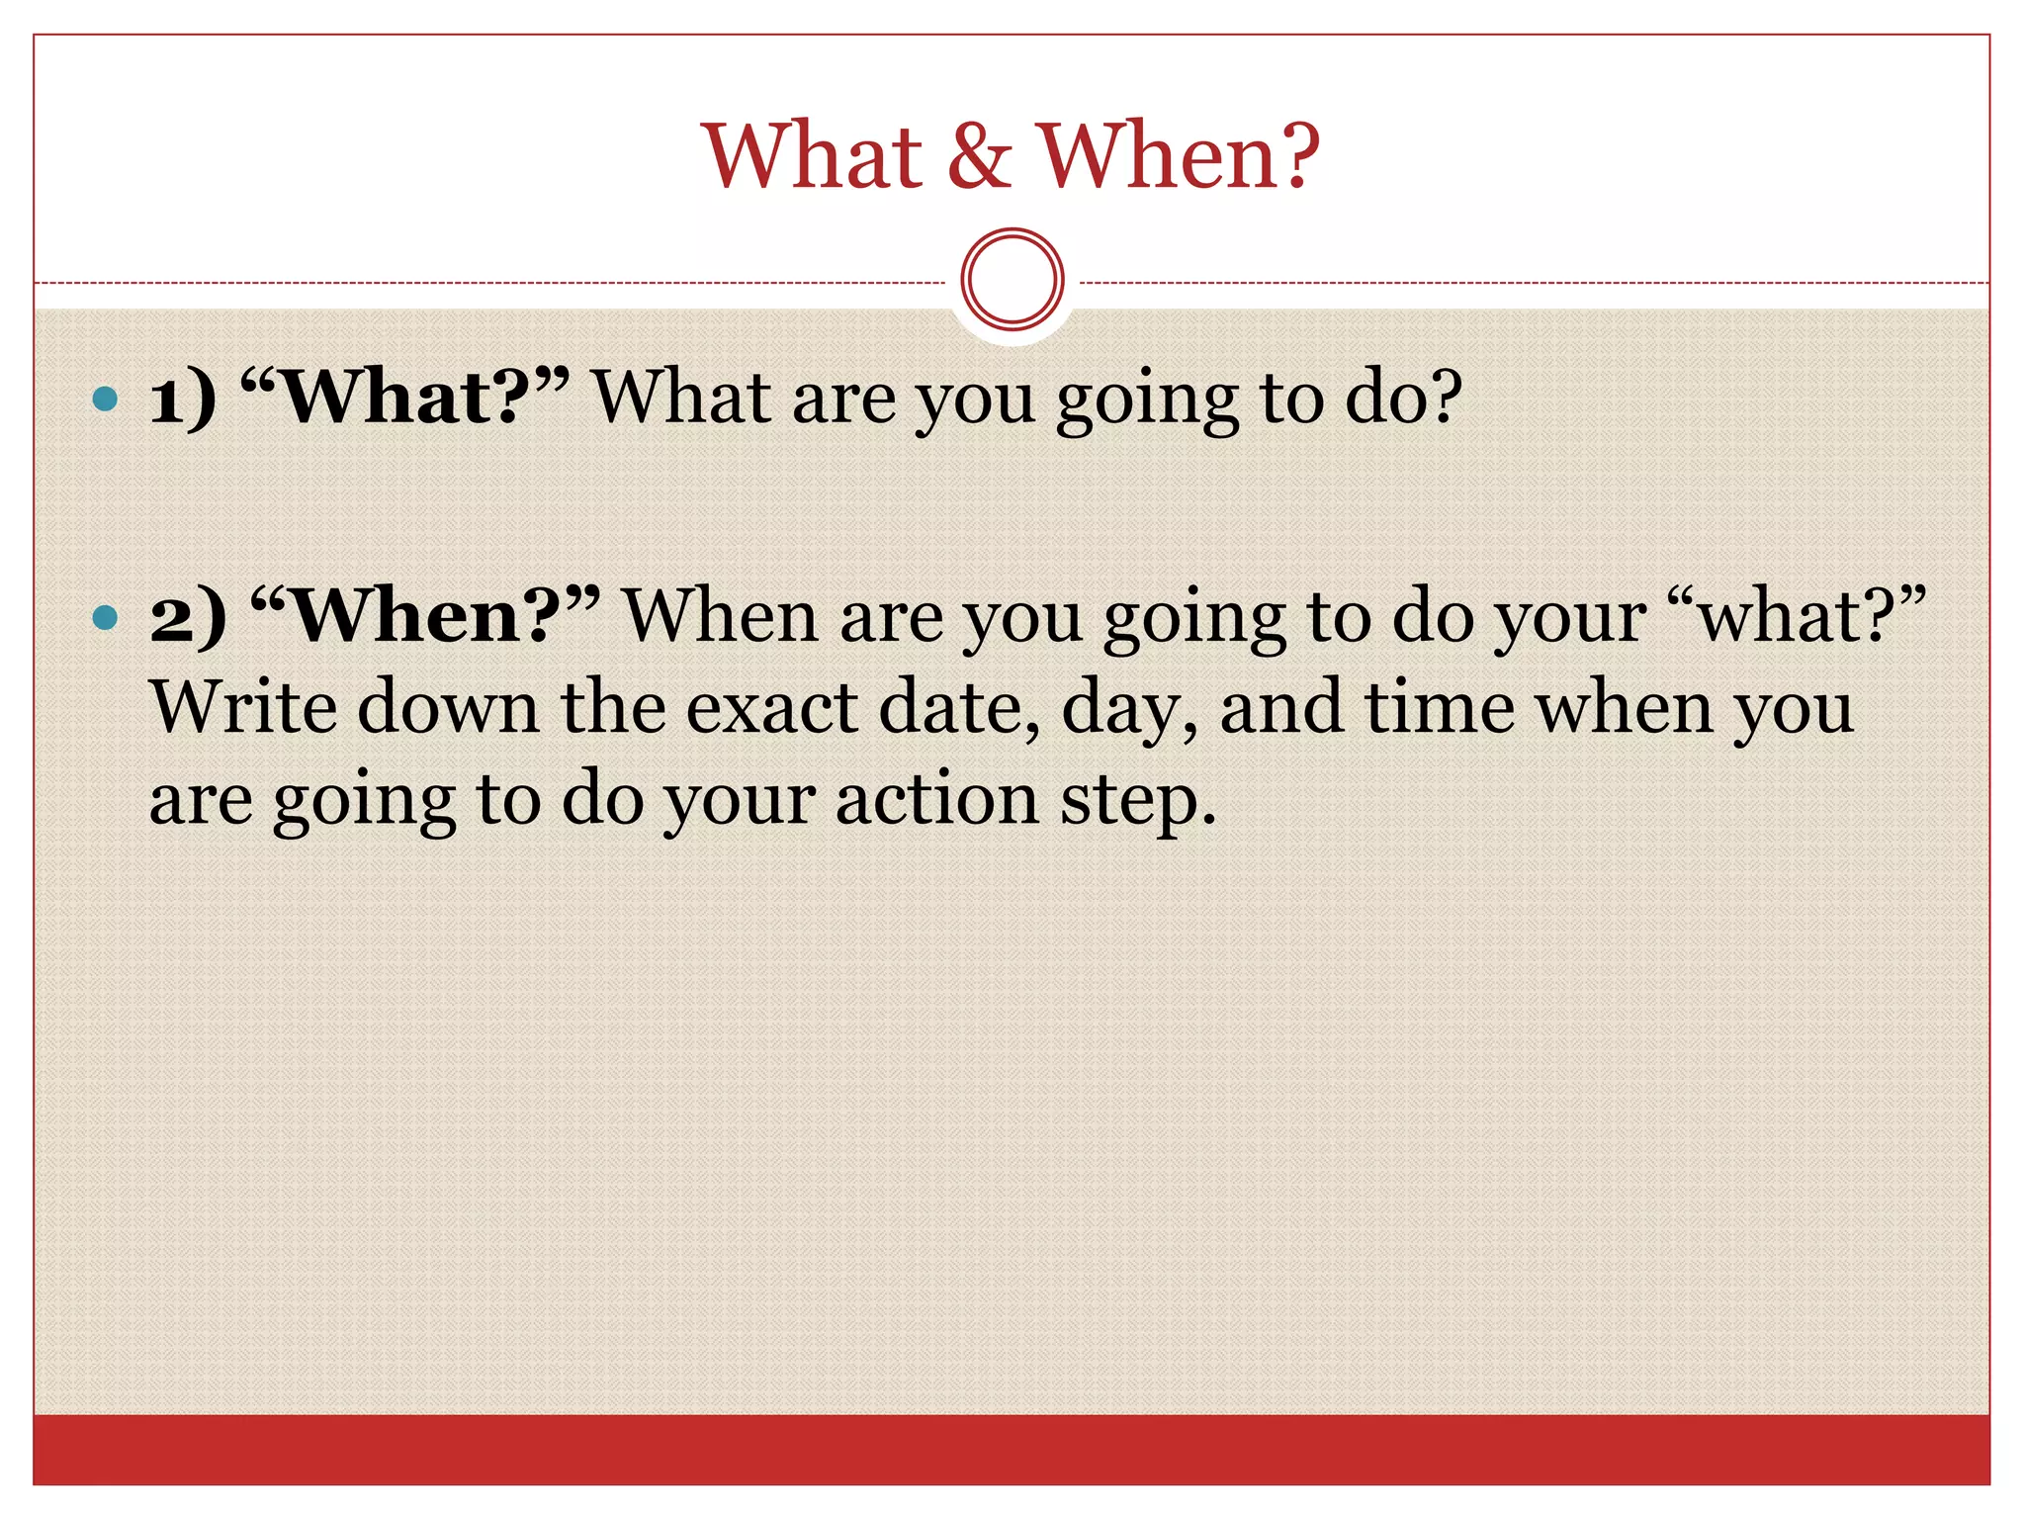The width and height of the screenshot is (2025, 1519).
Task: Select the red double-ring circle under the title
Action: (1012, 280)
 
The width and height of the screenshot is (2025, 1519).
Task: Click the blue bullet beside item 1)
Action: (104, 400)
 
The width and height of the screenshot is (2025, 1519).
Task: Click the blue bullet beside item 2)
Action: (104, 619)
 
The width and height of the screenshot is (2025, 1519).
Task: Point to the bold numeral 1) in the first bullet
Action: (182, 399)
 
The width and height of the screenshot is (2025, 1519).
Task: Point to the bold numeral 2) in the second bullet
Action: (188, 618)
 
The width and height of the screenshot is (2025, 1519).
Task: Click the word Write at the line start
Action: (241, 708)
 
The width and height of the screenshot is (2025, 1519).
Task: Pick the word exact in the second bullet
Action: (772, 708)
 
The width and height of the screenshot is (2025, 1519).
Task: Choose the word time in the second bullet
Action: (1440, 708)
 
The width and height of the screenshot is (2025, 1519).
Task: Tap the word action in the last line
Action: (936, 799)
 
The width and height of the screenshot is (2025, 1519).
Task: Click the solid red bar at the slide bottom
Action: (1012, 1449)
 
